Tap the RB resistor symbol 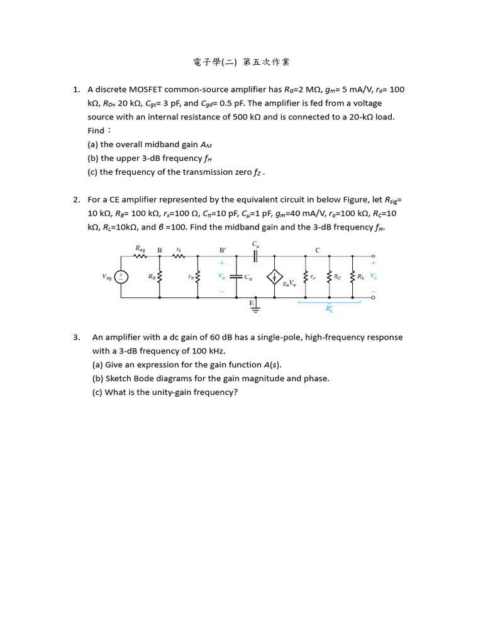160,277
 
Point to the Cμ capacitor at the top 255,255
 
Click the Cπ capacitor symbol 236,277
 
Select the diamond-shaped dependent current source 274,277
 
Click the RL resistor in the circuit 352,277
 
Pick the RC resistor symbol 329,277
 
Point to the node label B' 221,250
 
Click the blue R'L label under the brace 329,309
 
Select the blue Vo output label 374,276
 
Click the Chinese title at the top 241,62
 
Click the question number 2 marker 75,199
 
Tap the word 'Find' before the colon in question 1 96,131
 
